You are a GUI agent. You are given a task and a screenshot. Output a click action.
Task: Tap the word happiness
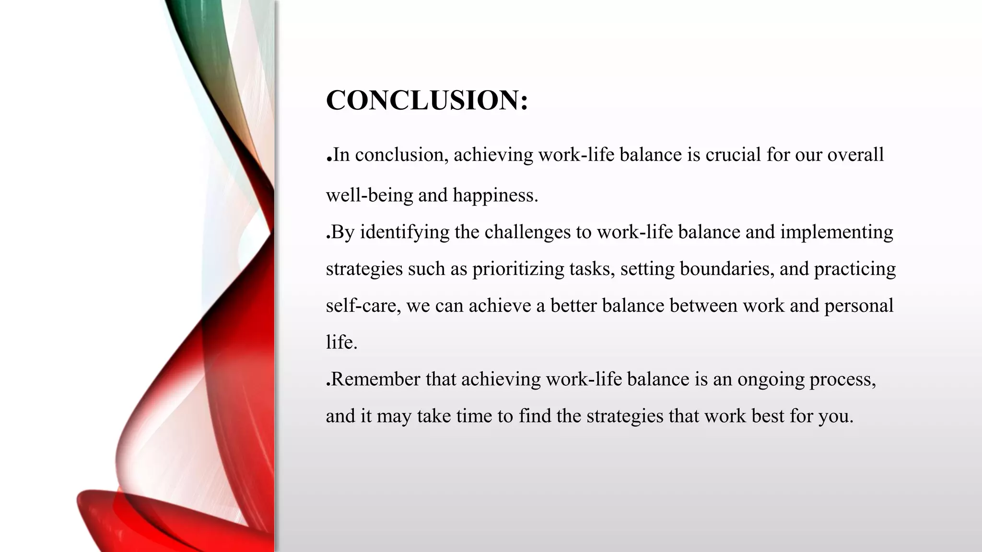(x=495, y=195)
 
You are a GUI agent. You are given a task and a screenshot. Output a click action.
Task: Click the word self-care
(x=363, y=306)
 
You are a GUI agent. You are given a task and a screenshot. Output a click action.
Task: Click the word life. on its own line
(x=341, y=342)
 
